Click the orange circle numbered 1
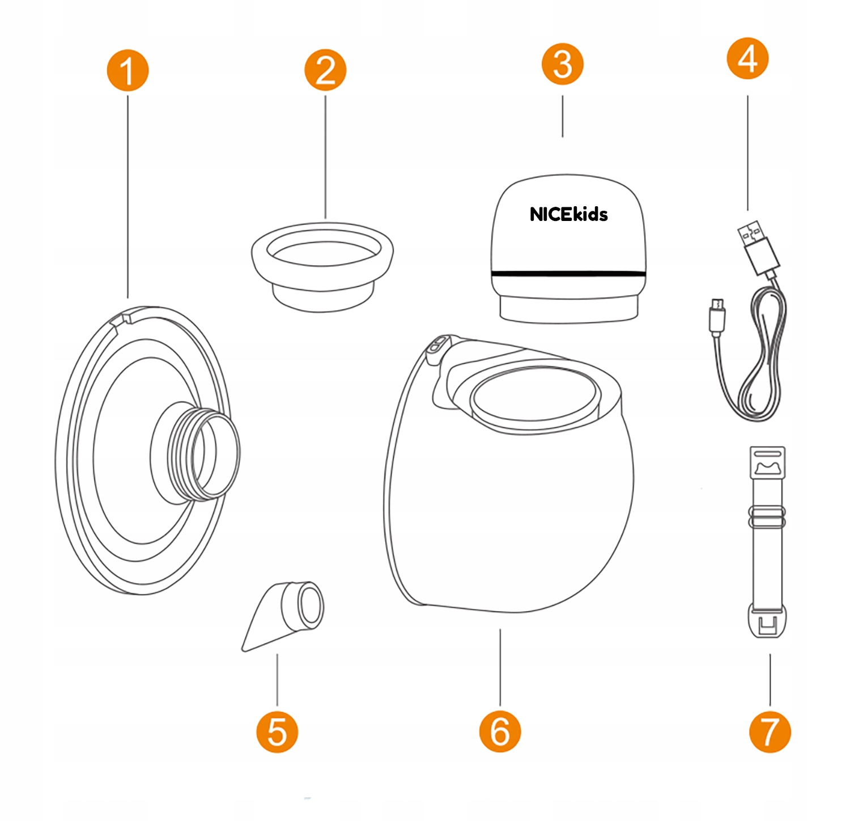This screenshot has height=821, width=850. pyautogui.click(x=127, y=70)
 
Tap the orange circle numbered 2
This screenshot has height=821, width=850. pyautogui.click(x=325, y=70)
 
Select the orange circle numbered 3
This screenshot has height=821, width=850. pyautogui.click(x=562, y=65)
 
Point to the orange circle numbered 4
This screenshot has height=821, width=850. pyautogui.click(x=747, y=58)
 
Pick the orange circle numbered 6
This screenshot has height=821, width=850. pyautogui.click(x=500, y=731)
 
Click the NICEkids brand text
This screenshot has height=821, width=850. pyautogui.click(x=568, y=214)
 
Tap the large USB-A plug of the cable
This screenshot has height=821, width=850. pyautogui.click(x=758, y=246)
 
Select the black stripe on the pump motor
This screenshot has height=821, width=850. pyautogui.click(x=568, y=274)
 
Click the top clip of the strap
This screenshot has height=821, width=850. pyautogui.click(x=767, y=462)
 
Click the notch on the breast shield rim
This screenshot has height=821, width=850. pyautogui.click(x=120, y=317)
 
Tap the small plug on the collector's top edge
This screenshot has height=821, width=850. pyautogui.click(x=437, y=347)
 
